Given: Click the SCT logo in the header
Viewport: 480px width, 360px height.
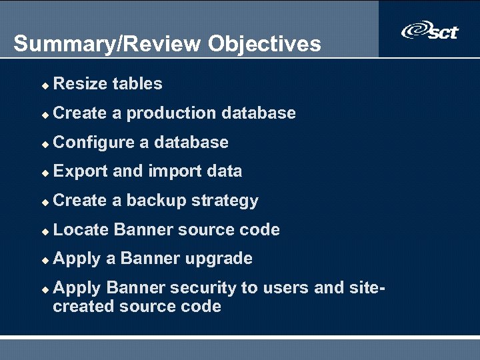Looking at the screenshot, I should tap(430, 31).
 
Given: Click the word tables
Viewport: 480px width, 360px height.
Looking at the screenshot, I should tap(137, 84).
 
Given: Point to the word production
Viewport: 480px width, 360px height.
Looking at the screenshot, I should tap(171, 113).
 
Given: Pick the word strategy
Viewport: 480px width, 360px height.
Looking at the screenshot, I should tap(225, 201).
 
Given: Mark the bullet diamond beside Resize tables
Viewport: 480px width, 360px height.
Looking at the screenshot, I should tap(44, 85).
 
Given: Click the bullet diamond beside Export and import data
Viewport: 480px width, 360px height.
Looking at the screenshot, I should tap(44, 173).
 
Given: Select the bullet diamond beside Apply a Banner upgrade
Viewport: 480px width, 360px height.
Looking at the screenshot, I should tap(44, 260).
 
